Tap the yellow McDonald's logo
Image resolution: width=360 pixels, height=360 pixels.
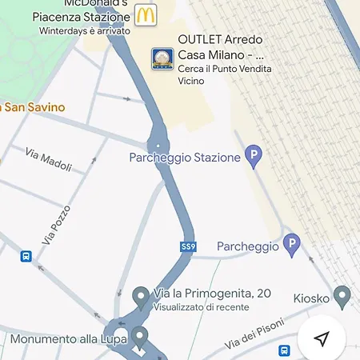coord(145,14)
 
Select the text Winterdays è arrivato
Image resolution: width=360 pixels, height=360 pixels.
coord(83,30)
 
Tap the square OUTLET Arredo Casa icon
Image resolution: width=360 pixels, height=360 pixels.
coord(162,59)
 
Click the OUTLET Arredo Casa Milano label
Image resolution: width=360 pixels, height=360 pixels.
coord(221,47)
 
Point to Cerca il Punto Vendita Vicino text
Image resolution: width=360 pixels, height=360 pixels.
coord(224,75)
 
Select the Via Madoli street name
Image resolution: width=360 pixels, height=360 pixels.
coord(48,160)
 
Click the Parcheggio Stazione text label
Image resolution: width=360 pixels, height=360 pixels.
coord(185,158)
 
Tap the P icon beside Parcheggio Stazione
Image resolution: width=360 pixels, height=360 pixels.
coord(254,156)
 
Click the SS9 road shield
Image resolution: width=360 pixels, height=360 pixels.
coord(188,246)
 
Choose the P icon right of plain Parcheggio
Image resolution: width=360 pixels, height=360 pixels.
coord(291,244)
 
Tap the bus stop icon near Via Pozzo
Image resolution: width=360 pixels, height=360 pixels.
coord(26,257)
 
